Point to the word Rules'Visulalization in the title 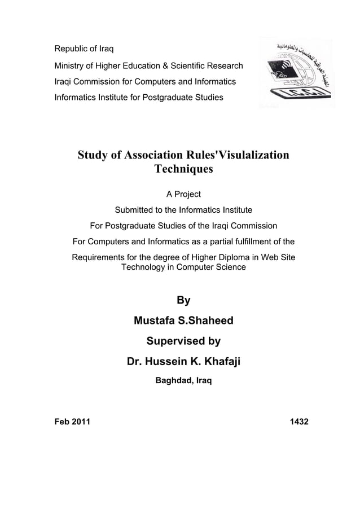[x=235, y=155]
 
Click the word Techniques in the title [x=183, y=169]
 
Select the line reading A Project [x=183, y=195]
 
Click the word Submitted [x=135, y=210]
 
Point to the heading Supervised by [x=183, y=341]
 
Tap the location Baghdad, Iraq [x=183, y=381]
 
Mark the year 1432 [x=298, y=422]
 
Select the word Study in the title [x=94, y=155]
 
